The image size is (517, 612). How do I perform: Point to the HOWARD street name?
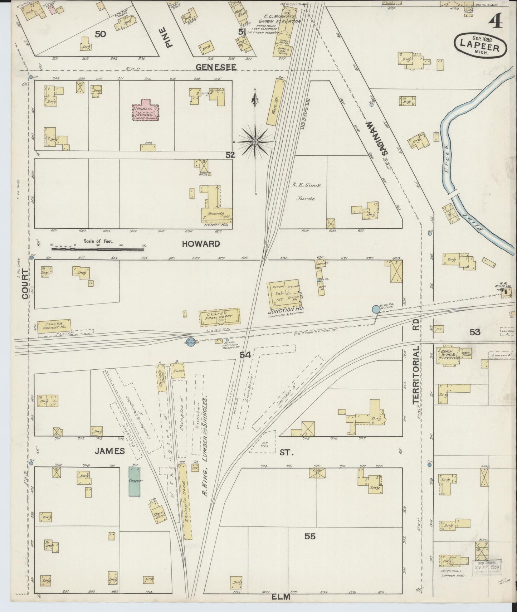(x=201, y=244)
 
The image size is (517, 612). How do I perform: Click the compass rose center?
(x=255, y=142)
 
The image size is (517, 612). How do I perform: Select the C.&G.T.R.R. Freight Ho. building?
(x=53, y=325)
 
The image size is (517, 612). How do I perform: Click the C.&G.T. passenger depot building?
(x=219, y=316)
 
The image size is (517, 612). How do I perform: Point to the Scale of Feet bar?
(x=98, y=248)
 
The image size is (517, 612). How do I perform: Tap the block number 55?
(x=310, y=536)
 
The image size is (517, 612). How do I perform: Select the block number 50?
(x=101, y=34)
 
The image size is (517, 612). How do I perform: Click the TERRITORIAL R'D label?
(x=416, y=361)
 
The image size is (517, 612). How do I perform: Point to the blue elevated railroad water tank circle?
(x=376, y=309)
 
